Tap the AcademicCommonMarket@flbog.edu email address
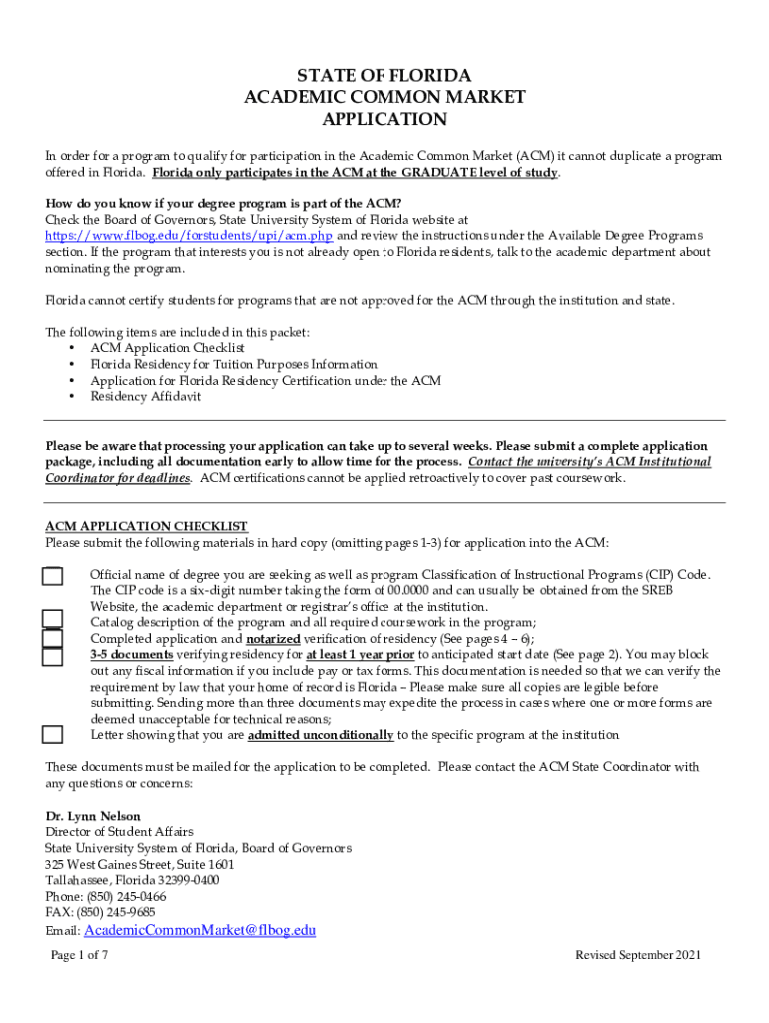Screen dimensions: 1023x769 tap(200, 930)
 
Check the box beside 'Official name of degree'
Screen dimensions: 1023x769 tap(53, 576)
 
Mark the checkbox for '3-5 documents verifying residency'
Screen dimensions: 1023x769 tap(53, 656)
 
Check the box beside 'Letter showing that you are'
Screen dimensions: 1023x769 tap(53, 735)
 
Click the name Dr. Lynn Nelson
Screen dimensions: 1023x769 tap(93, 816)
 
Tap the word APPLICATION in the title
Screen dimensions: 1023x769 tap(384, 120)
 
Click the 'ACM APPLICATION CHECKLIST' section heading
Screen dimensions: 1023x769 tap(146, 527)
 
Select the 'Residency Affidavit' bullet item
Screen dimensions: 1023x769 tap(145, 397)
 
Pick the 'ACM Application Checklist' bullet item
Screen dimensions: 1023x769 tap(167, 348)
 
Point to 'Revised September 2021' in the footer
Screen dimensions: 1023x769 tap(638, 956)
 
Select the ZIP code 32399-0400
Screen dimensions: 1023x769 tap(183, 880)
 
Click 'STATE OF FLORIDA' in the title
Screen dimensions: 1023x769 tap(384, 76)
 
